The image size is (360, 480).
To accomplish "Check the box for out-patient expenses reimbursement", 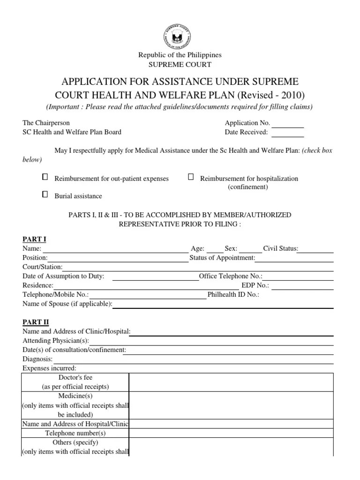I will [x=45, y=177].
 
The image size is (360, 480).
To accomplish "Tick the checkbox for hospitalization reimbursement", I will [x=191, y=177].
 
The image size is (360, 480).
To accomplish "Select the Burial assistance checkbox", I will [x=45, y=194].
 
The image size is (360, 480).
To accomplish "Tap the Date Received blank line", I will [x=288, y=135].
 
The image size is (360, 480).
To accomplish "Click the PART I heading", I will [x=34, y=240].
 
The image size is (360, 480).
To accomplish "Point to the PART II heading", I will [x=36, y=322].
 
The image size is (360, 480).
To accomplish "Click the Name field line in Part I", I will [x=114, y=252].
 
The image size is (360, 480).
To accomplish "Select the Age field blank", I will [x=215, y=252].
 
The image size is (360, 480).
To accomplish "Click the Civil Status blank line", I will [x=316, y=252].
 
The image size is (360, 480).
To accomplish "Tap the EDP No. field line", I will [x=302, y=288].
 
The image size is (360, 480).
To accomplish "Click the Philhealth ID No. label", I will [x=233, y=295].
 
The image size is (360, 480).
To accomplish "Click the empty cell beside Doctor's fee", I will [x=231, y=382].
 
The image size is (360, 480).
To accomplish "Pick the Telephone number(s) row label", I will [x=75, y=433].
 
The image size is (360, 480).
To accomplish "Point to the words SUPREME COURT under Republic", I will [x=180, y=64].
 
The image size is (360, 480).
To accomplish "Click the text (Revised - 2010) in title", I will [x=271, y=95].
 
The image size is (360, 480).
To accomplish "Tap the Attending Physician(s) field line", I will [x=211, y=344].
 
